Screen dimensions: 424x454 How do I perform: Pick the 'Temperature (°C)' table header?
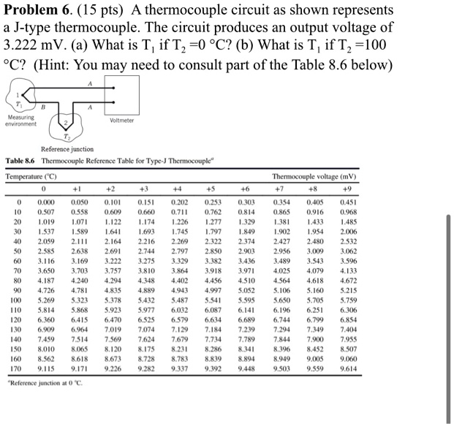pos(30,176)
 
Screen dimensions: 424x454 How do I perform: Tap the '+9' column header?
pos(431,187)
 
